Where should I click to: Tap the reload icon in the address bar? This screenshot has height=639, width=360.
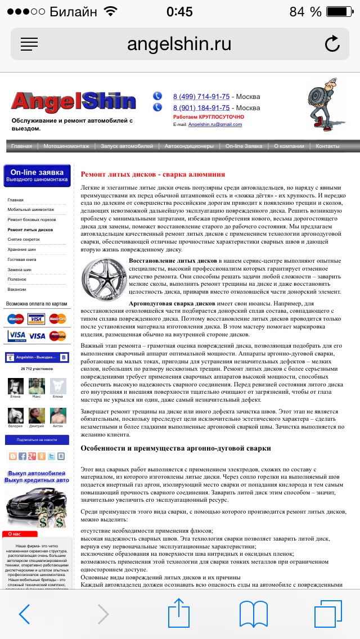[x=332, y=44]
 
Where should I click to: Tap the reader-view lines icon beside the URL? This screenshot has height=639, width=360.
[x=29, y=44]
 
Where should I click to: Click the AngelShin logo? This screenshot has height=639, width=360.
[x=73, y=102]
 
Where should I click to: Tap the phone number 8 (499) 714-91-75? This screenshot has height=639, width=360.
[x=201, y=96]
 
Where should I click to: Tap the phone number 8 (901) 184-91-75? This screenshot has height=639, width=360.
[x=201, y=107]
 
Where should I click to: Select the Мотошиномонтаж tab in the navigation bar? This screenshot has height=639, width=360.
[x=66, y=146]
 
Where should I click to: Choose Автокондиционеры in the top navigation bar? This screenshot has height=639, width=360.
[x=189, y=146]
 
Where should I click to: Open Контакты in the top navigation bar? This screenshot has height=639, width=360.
[x=327, y=146]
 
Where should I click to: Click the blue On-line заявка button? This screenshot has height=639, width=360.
[x=37, y=175]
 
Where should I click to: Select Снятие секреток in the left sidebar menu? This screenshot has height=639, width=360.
[x=24, y=240]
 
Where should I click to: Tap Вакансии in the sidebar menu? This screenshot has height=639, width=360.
[x=17, y=289]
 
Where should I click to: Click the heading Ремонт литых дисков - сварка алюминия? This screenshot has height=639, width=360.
[x=152, y=174]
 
